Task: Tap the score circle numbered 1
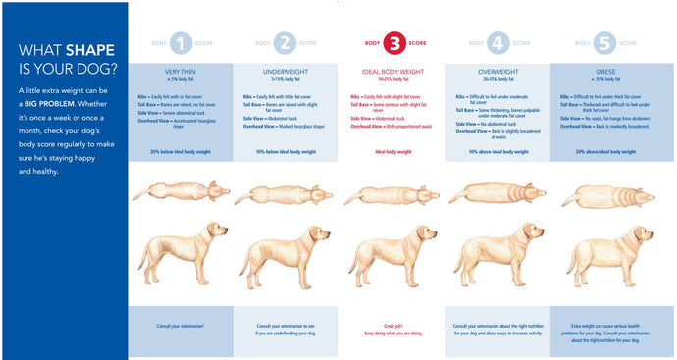point(181,43)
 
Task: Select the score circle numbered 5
point(605,43)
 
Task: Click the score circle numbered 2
point(285,43)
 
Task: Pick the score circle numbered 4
point(498,43)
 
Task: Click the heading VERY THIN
point(181,72)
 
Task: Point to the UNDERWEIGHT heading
point(286,72)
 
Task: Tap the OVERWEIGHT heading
point(497,72)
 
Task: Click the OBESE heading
point(605,72)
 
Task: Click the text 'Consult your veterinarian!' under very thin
point(181,325)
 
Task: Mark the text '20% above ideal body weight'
point(605,152)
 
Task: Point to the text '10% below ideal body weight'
point(286,152)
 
